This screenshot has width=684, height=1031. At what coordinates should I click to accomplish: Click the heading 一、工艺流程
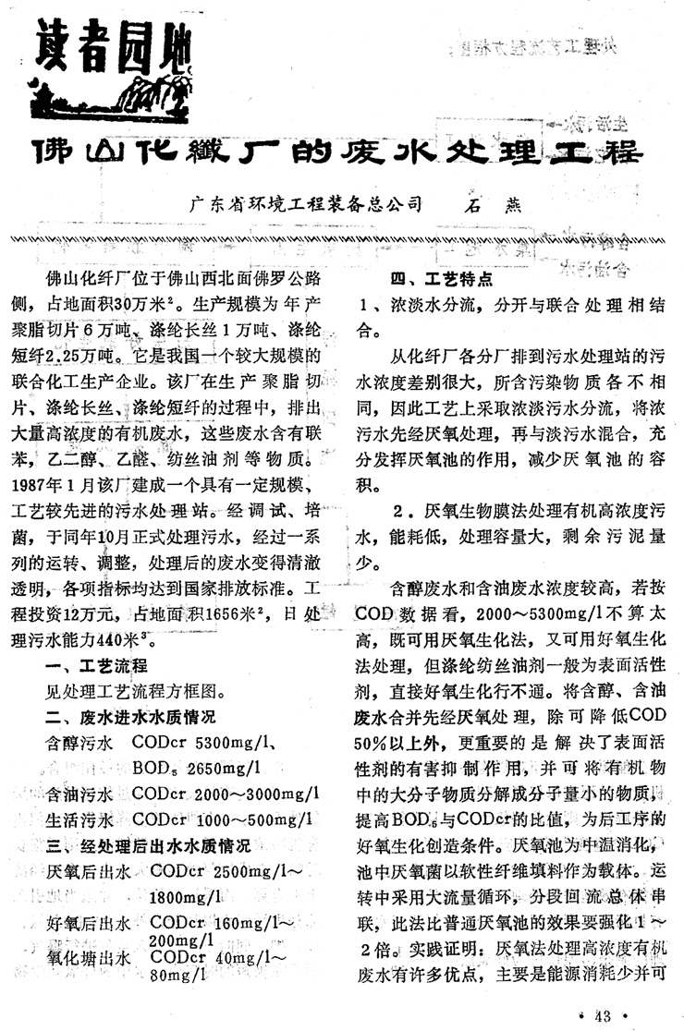[x=102, y=667]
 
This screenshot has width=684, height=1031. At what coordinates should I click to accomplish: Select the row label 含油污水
[x=79, y=793]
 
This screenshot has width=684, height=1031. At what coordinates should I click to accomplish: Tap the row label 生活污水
[x=79, y=819]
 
